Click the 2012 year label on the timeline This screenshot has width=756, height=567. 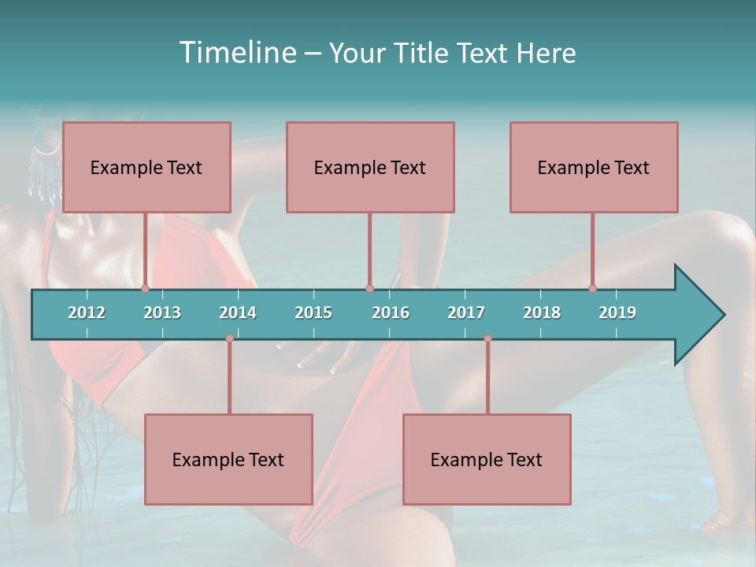(87, 313)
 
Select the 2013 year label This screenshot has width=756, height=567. (162, 313)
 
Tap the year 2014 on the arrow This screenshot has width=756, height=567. (238, 313)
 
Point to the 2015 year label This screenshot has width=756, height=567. (313, 313)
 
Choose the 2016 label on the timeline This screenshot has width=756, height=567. (391, 313)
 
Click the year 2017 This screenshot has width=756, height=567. (466, 313)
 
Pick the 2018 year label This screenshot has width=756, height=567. (542, 313)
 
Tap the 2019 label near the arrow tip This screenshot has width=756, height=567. (617, 313)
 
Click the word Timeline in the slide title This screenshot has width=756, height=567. (235, 53)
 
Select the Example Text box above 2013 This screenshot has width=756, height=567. (146, 167)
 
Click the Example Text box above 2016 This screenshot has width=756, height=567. (370, 167)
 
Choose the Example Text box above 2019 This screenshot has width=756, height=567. (594, 167)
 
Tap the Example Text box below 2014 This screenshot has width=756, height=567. (228, 459)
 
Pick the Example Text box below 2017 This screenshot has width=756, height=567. (487, 459)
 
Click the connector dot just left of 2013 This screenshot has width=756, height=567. (146, 288)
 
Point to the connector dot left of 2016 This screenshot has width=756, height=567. (369, 288)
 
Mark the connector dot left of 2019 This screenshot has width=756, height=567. (593, 288)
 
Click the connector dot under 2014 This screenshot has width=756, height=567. (229, 339)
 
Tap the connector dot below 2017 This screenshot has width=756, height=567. (487, 339)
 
